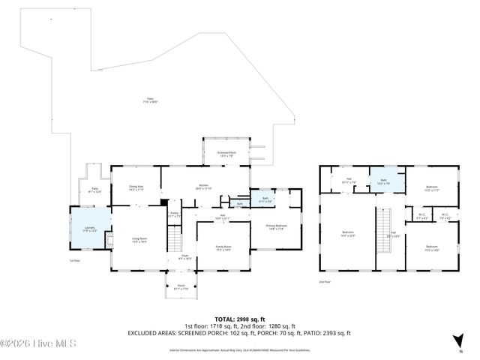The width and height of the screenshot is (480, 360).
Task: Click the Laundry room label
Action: [89, 229]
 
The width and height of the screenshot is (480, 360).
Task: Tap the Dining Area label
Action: [136, 188]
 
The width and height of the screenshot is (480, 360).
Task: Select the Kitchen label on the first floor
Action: [203, 187]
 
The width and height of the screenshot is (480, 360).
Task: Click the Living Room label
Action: [139, 240]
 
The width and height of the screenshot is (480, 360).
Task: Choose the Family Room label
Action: [223, 247]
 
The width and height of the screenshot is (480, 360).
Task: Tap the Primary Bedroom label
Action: [276, 227]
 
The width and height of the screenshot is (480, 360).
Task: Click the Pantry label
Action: [173, 215]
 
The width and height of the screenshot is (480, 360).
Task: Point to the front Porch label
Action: [181, 286]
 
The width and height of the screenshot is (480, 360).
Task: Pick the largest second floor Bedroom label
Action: [348, 233]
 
